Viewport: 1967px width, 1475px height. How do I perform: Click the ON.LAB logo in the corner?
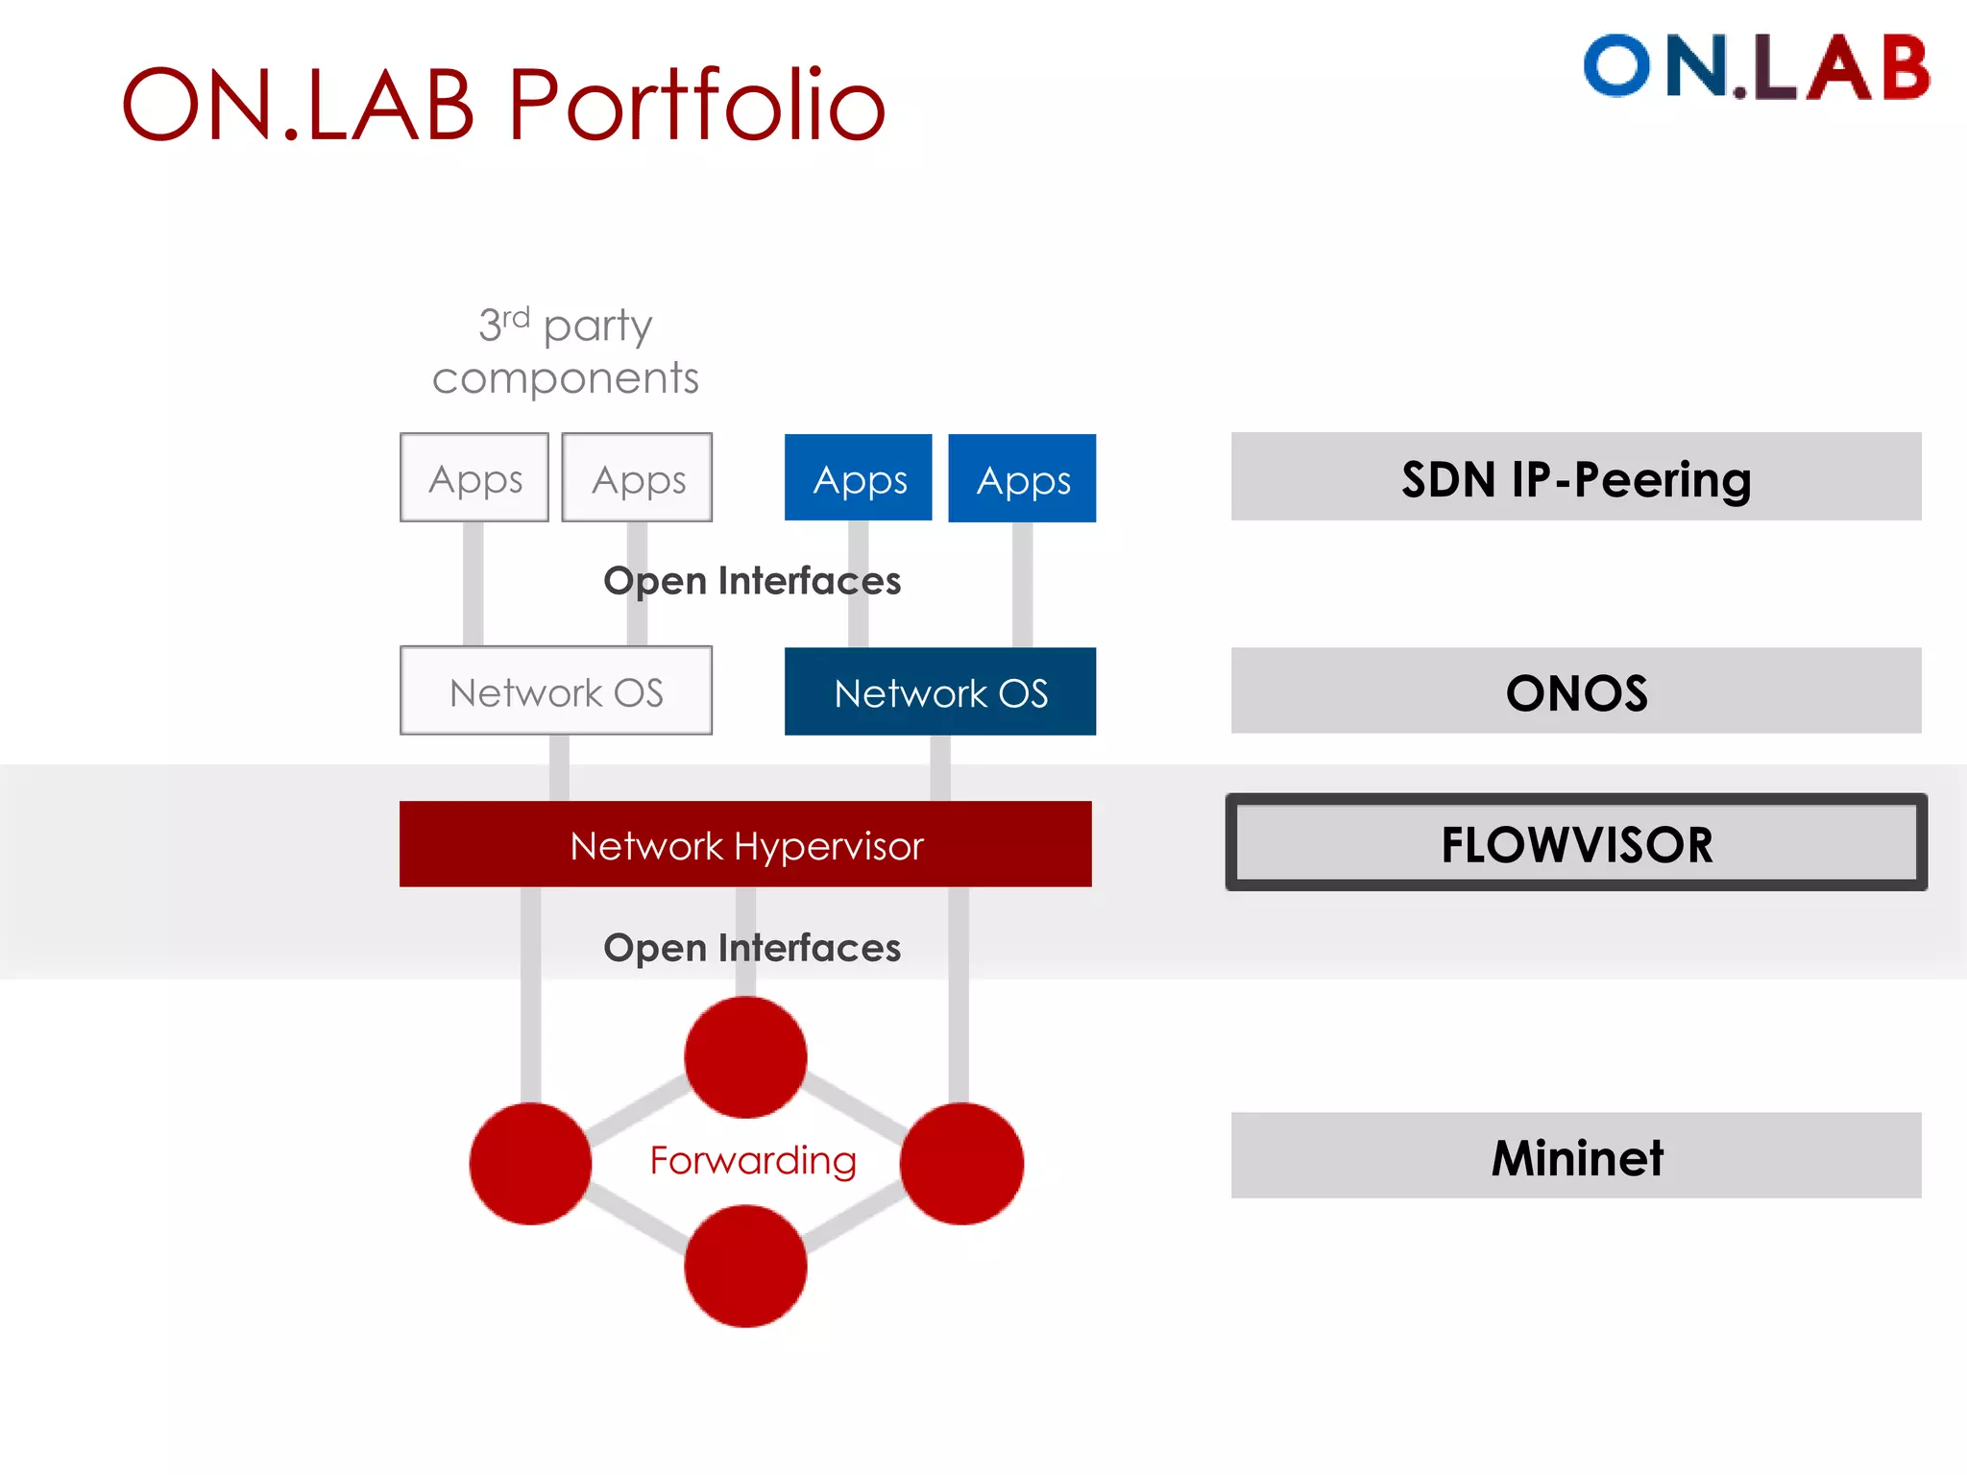[1756, 67]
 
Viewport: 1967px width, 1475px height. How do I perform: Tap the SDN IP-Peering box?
[1576, 477]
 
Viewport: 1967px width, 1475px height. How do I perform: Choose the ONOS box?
[1576, 691]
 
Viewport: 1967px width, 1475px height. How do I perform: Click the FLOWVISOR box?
[1576, 843]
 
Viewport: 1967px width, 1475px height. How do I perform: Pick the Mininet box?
[1576, 1155]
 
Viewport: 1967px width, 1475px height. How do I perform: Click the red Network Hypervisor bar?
[745, 844]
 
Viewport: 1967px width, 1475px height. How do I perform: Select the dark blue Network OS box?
[939, 691]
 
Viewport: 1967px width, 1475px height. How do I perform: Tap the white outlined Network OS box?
[555, 691]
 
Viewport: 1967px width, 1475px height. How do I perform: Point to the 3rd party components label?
[565, 351]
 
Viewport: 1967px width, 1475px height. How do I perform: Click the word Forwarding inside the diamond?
[752, 1160]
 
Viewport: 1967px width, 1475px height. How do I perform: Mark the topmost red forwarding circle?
[745, 1057]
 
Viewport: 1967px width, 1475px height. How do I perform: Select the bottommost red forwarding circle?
[745, 1267]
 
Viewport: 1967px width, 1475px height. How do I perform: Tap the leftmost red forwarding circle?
[530, 1163]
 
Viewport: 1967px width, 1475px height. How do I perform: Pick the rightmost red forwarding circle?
[961, 1163]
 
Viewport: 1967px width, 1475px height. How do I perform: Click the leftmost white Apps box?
[474, 477]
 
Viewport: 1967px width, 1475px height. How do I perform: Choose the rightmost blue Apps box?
[1022, 478]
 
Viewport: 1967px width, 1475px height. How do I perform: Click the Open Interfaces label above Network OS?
[752, 581]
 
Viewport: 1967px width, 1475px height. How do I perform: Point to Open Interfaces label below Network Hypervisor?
[752, 948]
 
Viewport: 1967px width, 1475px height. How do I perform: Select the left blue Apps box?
[858, 478]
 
